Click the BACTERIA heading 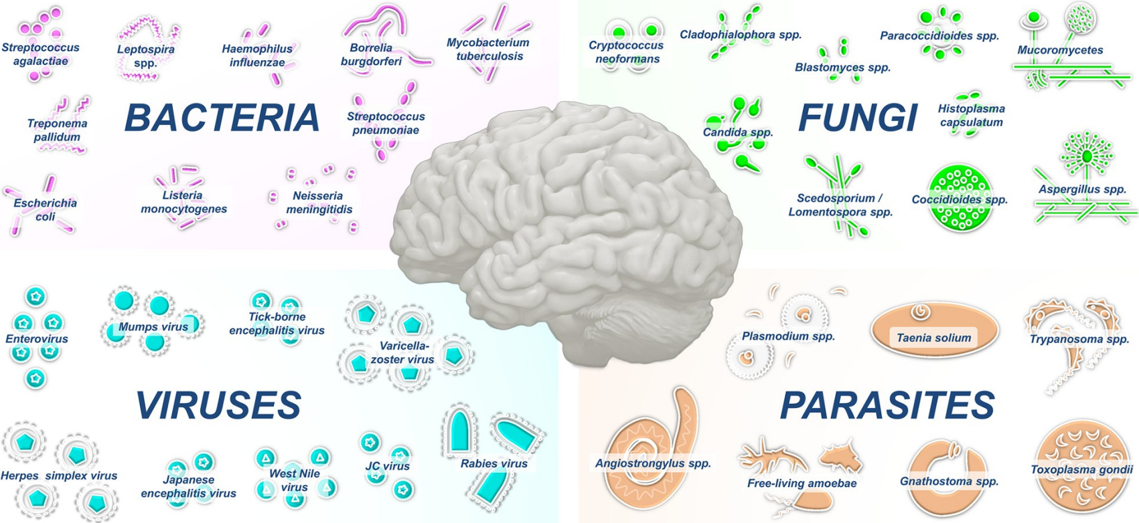coord(222,118)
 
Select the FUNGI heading coord(858,118)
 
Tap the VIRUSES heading coord(219,405)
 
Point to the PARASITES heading coord(887,405)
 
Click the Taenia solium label coord(933,338)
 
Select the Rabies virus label coord(494,463)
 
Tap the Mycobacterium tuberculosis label coord(488,49)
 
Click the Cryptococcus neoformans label coord(626,52)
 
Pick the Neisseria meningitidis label coord(319,203)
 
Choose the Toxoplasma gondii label coord(1081,469)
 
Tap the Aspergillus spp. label coord(1082,189)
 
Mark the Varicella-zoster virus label coord(402,352)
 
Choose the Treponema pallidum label coord(57,130)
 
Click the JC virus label coord(388,466)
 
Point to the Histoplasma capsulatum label coord(971,115)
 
